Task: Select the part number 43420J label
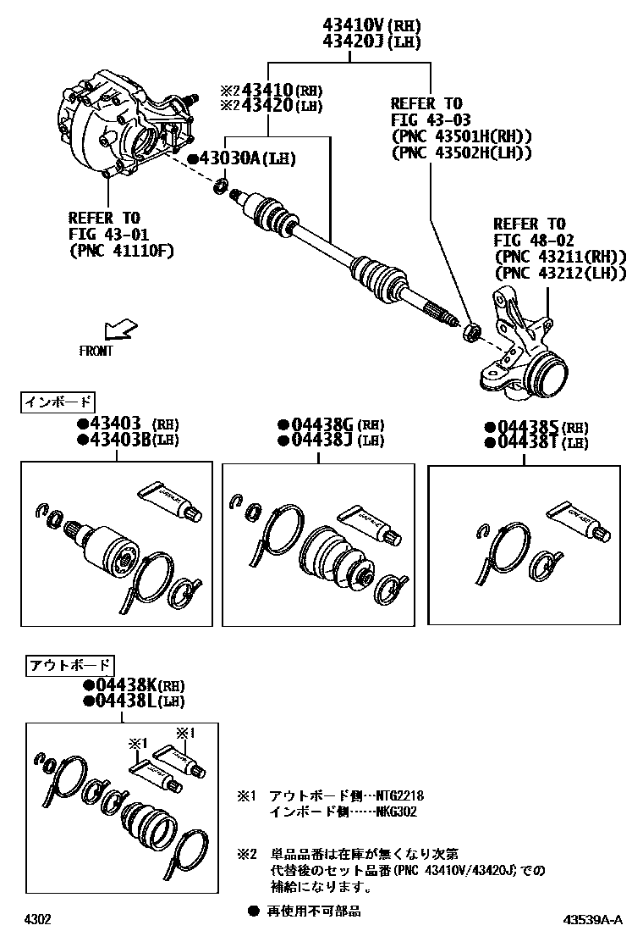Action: tap(352, 41)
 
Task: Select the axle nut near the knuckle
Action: tap(471, 330)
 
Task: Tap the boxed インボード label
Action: tap(58, 401)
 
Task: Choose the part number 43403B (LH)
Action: tap(115, 439)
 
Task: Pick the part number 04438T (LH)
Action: tap(529, 442)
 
